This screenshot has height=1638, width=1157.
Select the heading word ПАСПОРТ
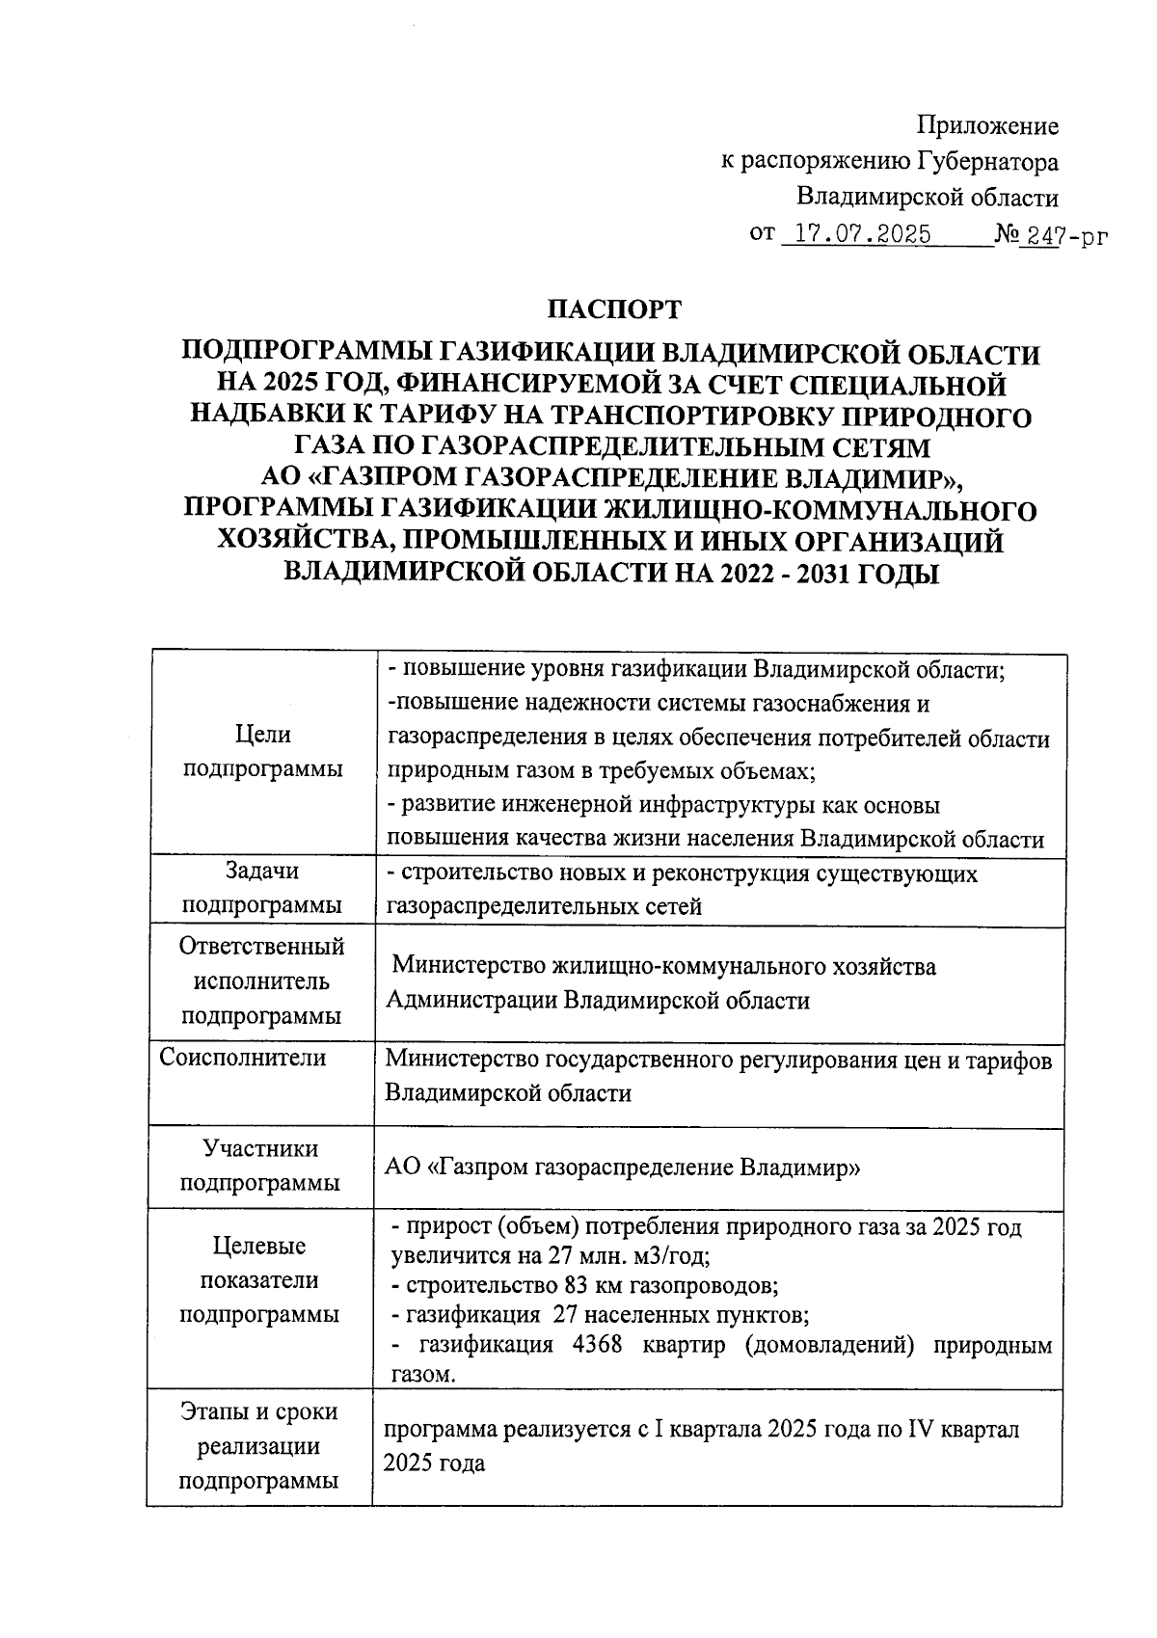614,309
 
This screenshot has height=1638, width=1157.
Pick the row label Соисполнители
243,1058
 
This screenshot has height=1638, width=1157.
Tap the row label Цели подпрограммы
262,752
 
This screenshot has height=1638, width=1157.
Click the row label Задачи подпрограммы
262,888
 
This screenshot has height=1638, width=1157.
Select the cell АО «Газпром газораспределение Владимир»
622,1168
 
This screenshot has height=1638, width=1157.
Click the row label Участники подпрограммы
261,1166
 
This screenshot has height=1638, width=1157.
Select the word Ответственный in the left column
261,946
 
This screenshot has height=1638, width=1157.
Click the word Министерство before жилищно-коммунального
467,965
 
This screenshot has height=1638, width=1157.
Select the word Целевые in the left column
259,1246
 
